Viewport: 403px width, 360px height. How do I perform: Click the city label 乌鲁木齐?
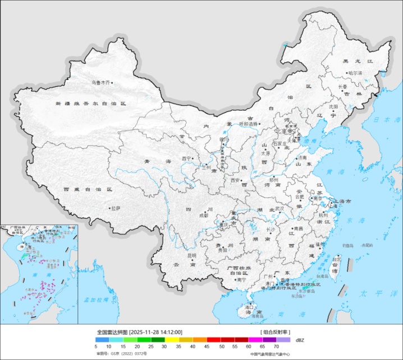click(101, 82)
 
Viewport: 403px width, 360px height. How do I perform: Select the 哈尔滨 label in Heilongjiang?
click(355, 73)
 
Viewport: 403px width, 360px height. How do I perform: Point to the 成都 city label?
click(203, 215)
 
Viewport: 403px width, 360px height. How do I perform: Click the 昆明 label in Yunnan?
click(192, 256)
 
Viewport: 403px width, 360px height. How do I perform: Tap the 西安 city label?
click(235, 180)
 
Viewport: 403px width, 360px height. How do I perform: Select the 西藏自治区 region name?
click(88, 190)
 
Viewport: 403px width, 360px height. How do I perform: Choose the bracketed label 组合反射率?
click(276, 333)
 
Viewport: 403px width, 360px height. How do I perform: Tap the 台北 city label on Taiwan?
click(336, 260)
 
